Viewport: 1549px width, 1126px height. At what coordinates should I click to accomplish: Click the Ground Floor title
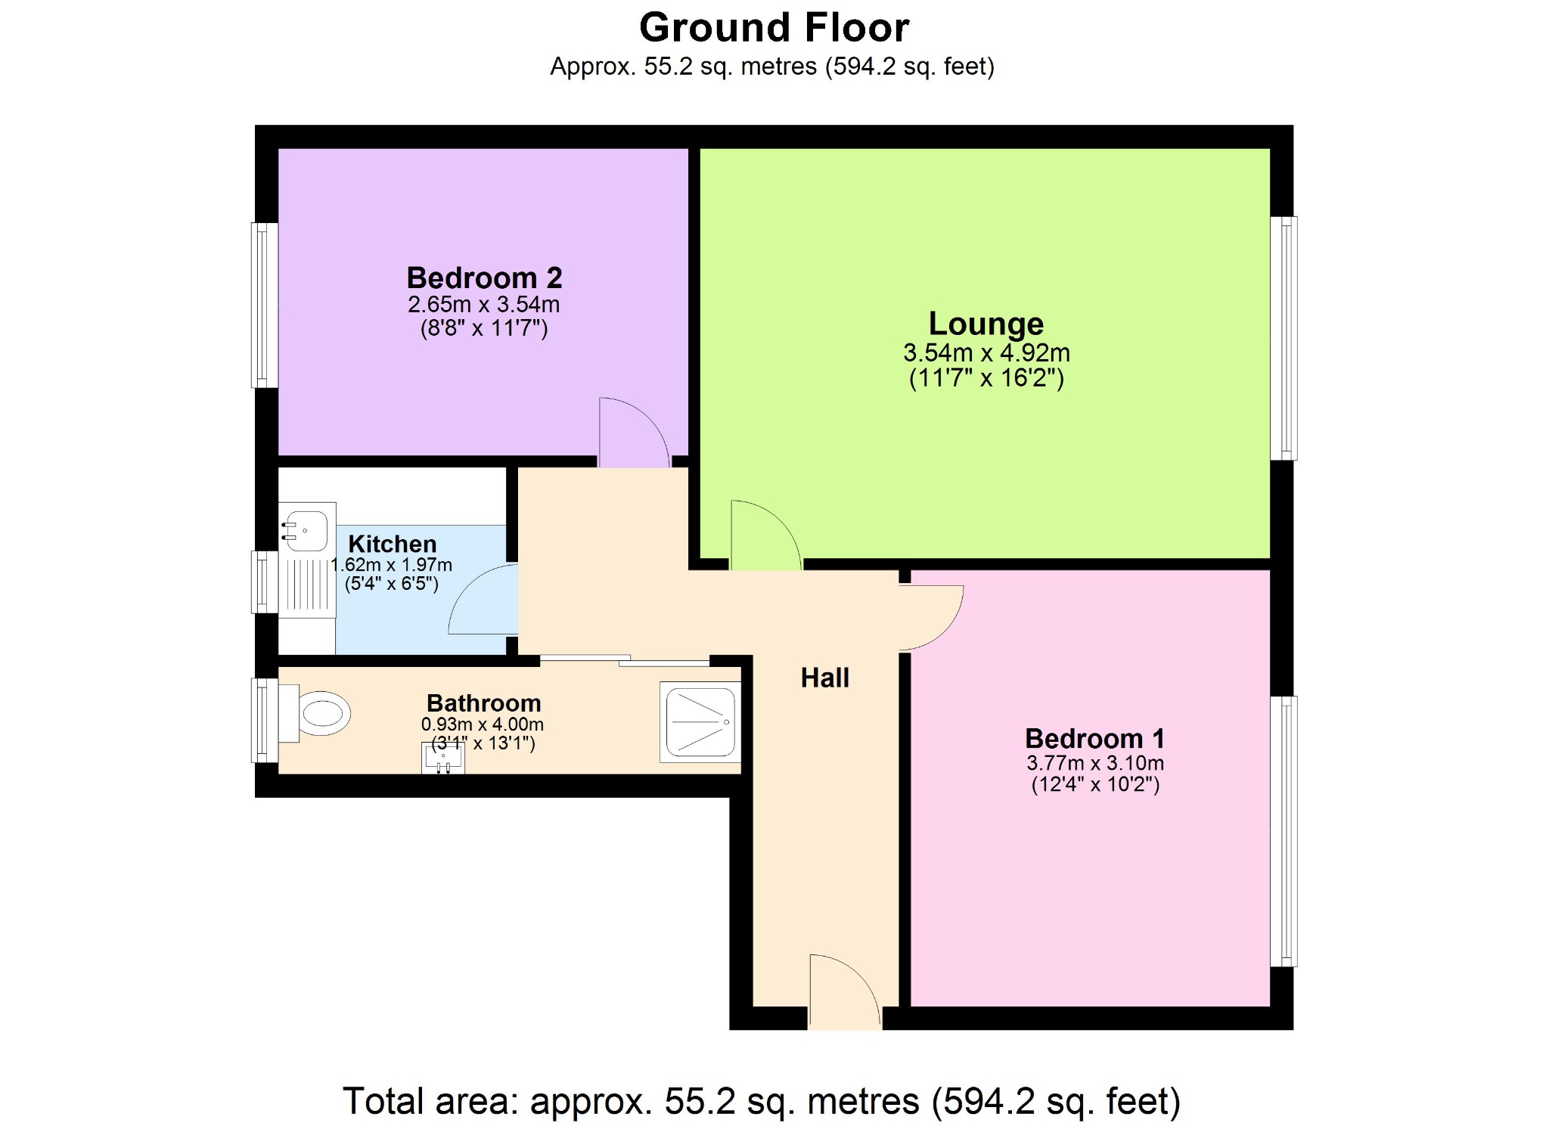774,28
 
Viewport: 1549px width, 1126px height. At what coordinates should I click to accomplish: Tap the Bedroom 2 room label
484,278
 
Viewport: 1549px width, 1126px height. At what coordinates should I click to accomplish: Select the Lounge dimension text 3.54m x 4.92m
986,352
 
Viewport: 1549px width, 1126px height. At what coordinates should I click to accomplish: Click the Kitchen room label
392,544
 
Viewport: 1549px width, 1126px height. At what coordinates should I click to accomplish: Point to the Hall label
824,678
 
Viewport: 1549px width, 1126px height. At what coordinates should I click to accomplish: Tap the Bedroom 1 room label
1094,738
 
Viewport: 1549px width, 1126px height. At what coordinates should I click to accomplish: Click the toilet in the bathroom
318,713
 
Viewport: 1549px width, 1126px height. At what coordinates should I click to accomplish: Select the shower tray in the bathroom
700,721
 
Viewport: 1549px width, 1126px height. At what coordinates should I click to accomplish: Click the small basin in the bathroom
442,757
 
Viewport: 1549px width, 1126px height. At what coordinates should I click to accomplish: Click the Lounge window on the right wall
1284,338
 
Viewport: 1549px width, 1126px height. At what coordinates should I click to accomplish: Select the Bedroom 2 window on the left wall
264,305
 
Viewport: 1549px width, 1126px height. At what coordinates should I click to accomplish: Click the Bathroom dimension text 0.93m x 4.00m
482,724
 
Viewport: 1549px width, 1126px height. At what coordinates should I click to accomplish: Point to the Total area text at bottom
761,1100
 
